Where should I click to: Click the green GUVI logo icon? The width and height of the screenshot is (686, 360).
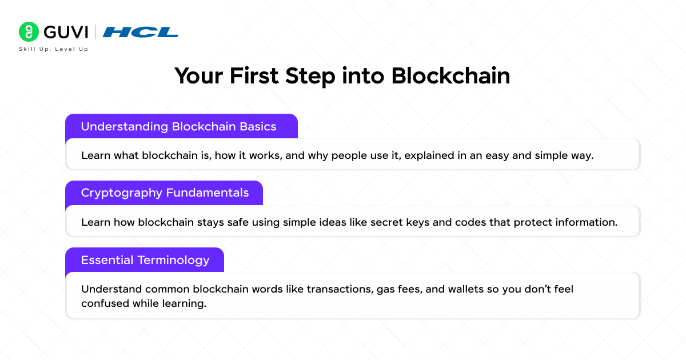[x=28, y=31]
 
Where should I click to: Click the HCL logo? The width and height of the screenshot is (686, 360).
[x=140, y=32]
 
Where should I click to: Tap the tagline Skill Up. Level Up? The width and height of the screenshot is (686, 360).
[x=54, y=49]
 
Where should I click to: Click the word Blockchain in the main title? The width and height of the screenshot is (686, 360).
[x=450, y=76]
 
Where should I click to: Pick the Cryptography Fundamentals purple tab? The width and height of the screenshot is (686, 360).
[x=164, y=193]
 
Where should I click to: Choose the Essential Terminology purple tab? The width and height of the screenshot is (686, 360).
[x=145, y=260]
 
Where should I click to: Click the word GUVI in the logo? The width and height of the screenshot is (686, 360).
[x=64, y=31]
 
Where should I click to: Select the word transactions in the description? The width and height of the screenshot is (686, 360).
[x=338, y=289]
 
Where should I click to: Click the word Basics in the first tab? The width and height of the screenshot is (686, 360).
[x=257, y=126]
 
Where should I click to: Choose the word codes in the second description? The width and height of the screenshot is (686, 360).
[x=470, y=222]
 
